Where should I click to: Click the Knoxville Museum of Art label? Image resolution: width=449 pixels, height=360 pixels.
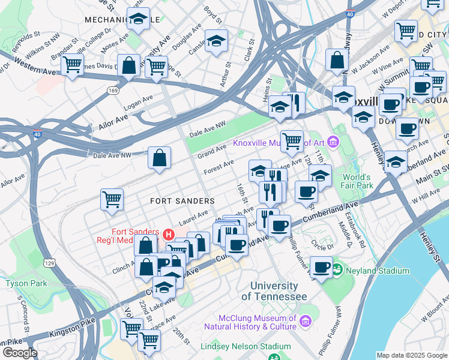[x=279, y=142]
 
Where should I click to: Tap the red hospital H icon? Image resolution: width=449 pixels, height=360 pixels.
[x=169, y=233]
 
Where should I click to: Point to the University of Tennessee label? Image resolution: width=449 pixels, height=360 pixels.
[x=274, y=292]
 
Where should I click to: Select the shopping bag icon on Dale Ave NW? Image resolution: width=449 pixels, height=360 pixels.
[x=160, y=158]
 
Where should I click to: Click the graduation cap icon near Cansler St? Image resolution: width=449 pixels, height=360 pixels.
[x=216, y=41]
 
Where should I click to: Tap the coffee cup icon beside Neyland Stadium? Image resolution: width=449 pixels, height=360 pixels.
[x=322, y=267]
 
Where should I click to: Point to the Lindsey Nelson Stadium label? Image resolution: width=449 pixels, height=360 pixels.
[x=263, y=346]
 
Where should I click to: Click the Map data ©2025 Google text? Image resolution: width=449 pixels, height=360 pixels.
[x=411, y=355]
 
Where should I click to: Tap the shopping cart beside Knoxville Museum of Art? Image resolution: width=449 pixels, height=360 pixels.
[x=292, y=141]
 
